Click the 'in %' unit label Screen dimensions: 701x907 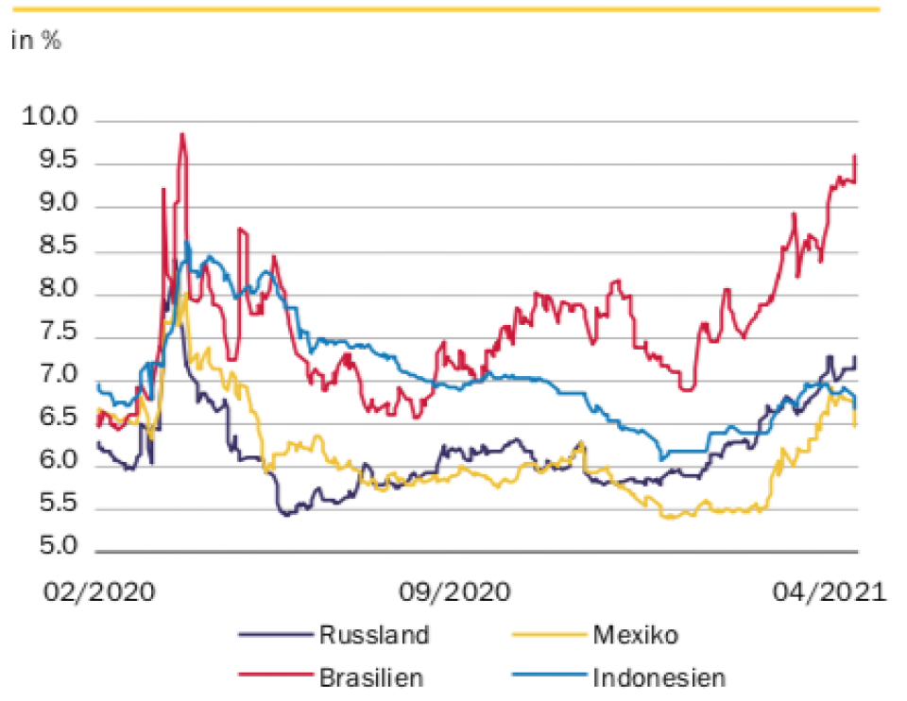[x=36, y=42]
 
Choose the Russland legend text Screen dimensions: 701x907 [x=374, y=634]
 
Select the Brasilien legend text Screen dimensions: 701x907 [x=371, y=676]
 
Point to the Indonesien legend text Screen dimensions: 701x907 [x=659, y=676]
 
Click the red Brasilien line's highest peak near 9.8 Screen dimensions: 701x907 [x=181, y=134]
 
